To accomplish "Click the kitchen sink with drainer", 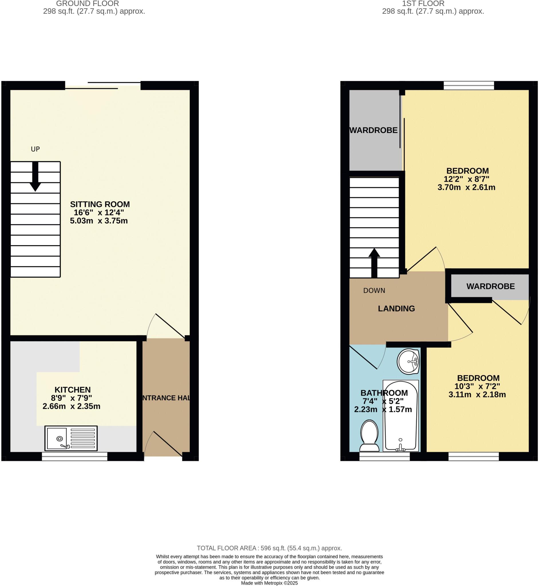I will point(71,438).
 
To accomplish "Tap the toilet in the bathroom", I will point(370,436).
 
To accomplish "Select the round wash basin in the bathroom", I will point(408,362).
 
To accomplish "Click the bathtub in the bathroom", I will point(401,416).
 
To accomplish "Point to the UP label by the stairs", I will point(35,149).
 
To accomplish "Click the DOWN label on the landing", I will point(374,291).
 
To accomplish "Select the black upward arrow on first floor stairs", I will point(374,263).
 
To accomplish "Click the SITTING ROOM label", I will point(100,205).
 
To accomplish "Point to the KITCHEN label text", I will point(73,390).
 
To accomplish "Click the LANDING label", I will point(396,309).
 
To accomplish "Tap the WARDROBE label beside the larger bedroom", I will point(373,130).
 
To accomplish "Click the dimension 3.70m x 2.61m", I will point(466,187).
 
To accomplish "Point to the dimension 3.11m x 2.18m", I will point(477,395).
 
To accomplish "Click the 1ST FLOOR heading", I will point(423,4).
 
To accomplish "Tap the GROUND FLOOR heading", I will point(87,4).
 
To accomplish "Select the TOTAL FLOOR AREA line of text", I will point(269,548).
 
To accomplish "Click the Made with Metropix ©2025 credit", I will point(269,583).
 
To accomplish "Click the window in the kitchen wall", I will point(74,457).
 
